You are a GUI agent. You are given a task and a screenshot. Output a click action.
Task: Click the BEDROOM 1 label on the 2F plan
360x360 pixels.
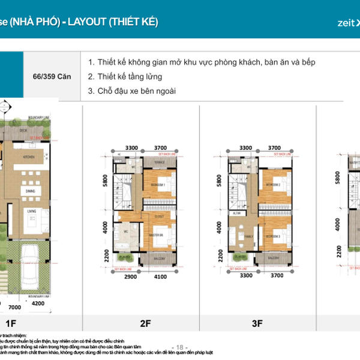[x=157, y=185]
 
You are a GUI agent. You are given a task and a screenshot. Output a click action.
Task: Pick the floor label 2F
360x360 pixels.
[x=145, y=324]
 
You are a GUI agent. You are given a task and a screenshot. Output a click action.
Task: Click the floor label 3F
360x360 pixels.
[x=257, y=324]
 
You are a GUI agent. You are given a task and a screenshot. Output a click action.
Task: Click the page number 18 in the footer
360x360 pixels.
[x=179, y=347]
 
